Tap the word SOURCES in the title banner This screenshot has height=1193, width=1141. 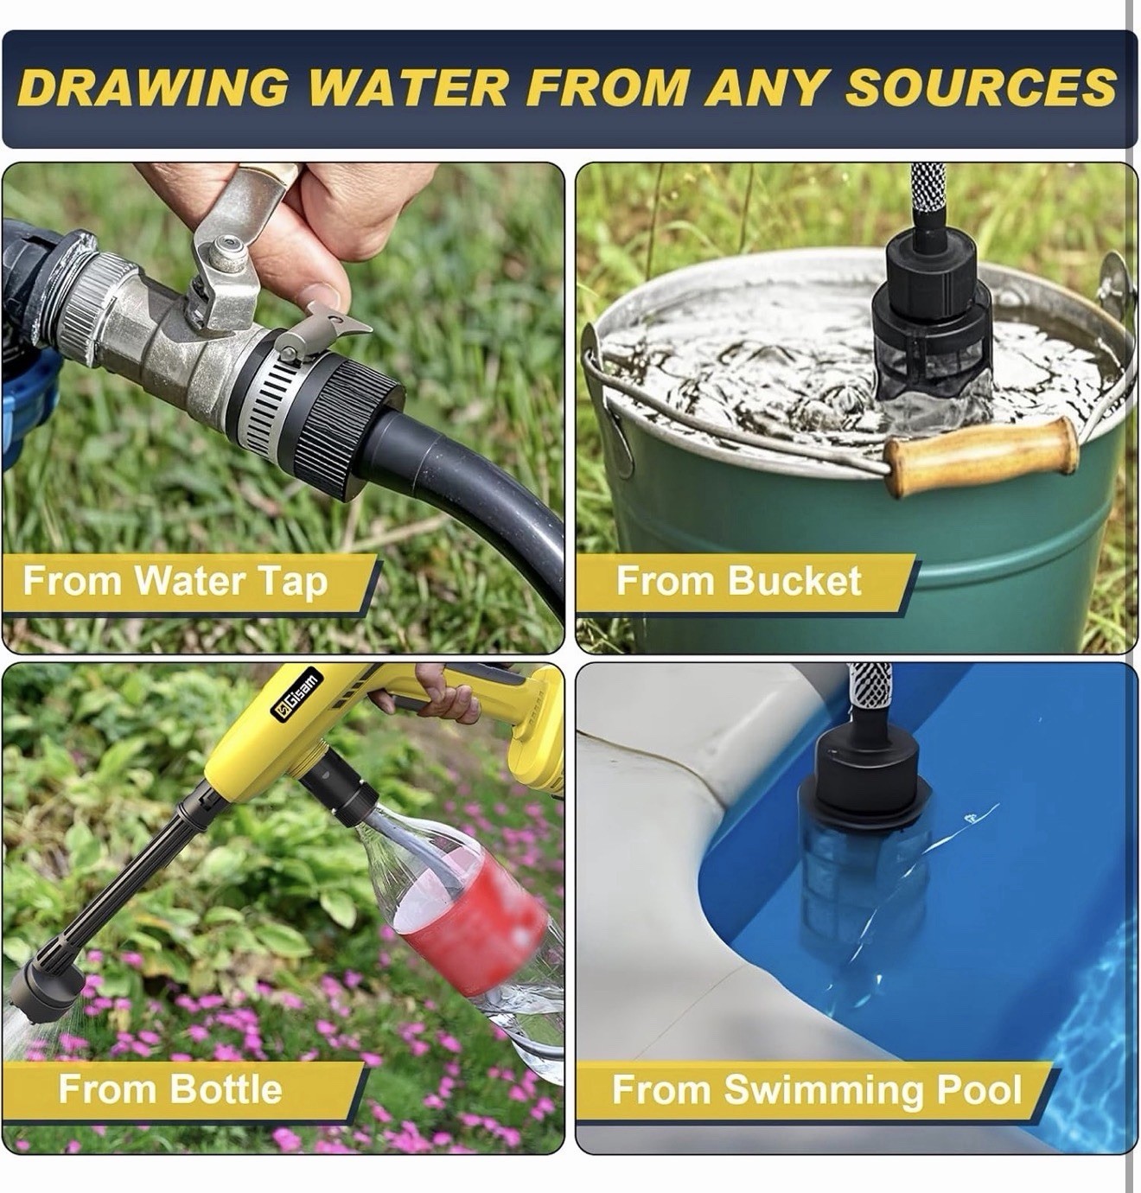(x=980, y=86)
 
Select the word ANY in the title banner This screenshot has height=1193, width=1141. (x=767, y=86)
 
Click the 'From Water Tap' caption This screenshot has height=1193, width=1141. (x=175, y=580)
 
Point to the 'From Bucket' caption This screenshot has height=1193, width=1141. (x=739, y=580)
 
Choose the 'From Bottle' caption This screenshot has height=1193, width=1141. (x=170, y=1088)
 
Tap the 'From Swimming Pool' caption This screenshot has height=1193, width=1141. (x=817, y=1089)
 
